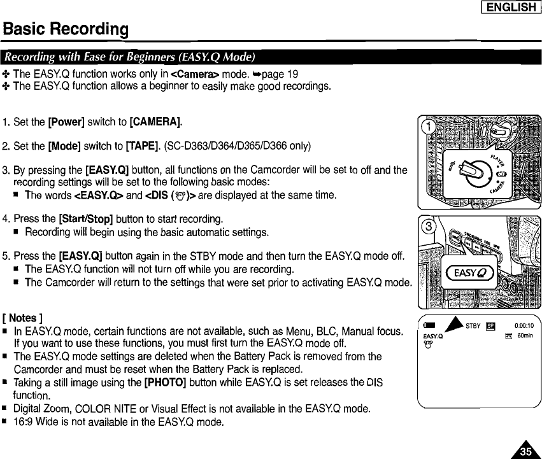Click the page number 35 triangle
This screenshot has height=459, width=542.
[x=526, y=449]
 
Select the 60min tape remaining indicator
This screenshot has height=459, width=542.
[x=524, y=337]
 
